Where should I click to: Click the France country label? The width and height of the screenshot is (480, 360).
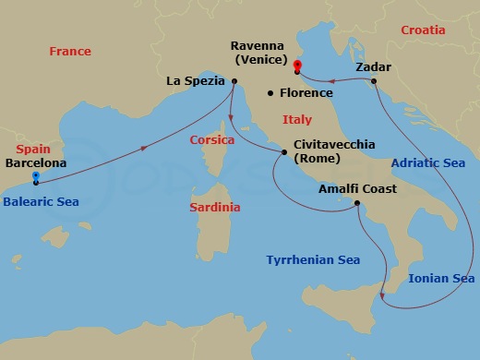[x=70, y=52]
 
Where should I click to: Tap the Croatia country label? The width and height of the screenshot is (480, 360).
[x=424, y=30]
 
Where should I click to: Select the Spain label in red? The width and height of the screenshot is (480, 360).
[x=33, y=149]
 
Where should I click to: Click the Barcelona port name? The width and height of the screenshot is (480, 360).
[x=36, y=162]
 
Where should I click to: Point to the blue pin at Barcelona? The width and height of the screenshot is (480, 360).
[x=35, y=176]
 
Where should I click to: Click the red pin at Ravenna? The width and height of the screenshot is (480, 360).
[x=297, y=66]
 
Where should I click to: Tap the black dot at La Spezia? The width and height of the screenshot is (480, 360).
[x=234, y=81]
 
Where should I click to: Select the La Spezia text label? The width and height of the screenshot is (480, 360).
[x=196, y=81]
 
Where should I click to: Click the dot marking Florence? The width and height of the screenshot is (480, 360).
[x=270, y=93]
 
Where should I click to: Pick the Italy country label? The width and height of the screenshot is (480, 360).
[x=297, y=119]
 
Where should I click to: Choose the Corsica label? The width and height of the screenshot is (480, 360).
[x=211, y=140]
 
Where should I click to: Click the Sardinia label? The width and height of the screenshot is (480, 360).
[x=214, y=207]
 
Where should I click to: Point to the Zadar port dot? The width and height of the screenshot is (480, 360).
[x=374, y=81]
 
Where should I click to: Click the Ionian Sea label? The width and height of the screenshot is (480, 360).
[x=441, y=278]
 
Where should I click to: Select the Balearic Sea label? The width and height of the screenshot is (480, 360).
[x=40, y=201]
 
